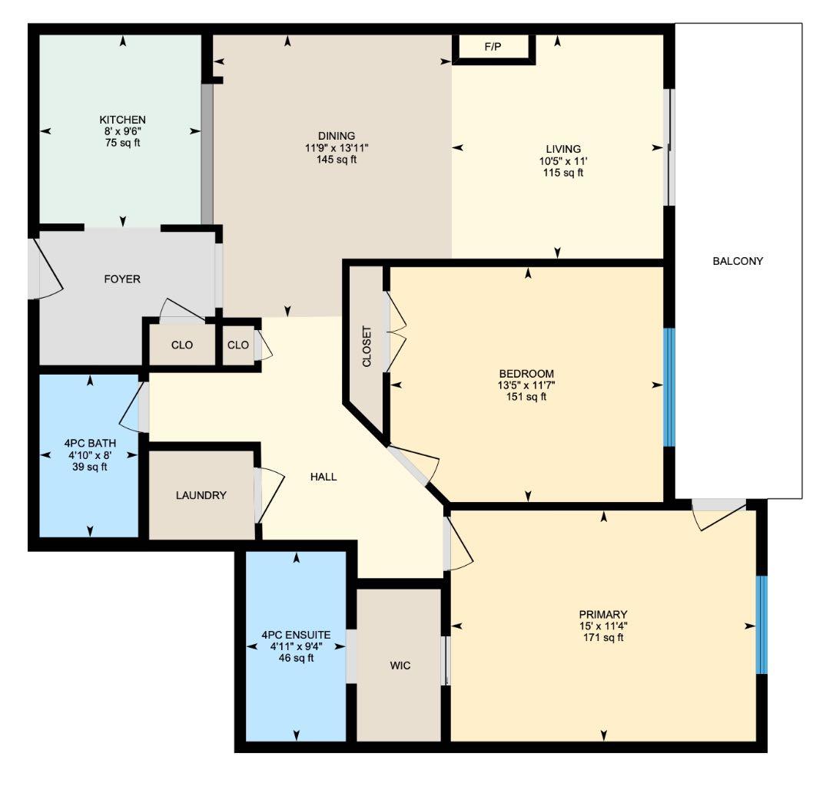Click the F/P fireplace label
[493, 48]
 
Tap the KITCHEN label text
[122, 120]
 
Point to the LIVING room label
[563, 149]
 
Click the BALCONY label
[738, 261]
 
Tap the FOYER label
[122, 279]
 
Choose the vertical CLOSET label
[367, 347]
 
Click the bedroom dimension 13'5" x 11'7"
[526, 385]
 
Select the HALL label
[323, 477]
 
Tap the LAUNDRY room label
[201, 495]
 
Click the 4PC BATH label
[90, 443]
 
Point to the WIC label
[400, 665]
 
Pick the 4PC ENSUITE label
[296, 635]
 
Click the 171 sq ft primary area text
[603, 637]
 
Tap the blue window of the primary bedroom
[761, 625]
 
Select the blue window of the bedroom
[669, 388]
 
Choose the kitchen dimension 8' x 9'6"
[122, 131]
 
